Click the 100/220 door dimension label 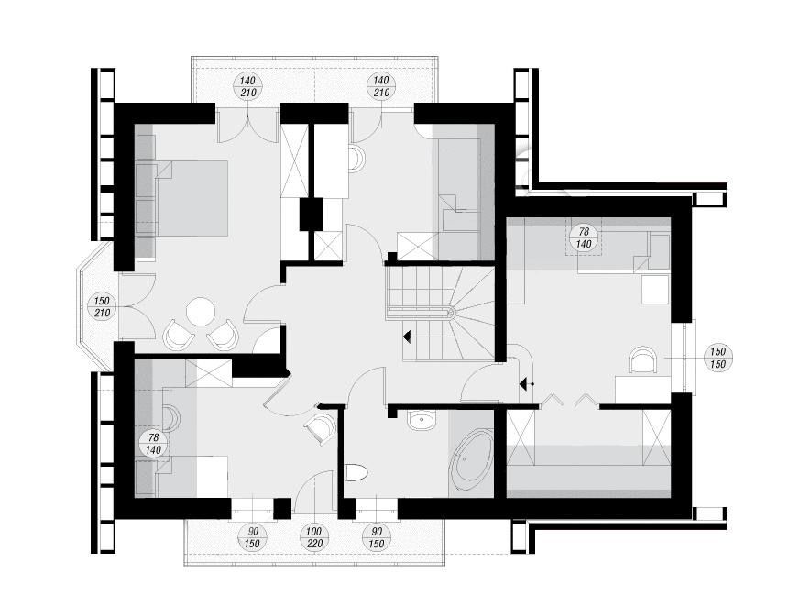click(314, 538)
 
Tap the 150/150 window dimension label click(718, 358)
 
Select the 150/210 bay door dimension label click(102, 306)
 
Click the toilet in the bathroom click(356, 472)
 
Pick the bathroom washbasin click(422, 419)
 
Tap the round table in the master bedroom click(201, 312)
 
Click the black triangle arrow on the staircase click(407, 337)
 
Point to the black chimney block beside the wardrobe click(312, 215)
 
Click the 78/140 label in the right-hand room click(584, 238)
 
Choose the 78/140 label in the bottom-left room click(153, 444)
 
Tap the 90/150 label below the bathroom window click(376, 538)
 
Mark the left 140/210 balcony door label click(248, 86)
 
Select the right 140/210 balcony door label click(381, 86)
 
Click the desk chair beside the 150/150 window click(643, 360)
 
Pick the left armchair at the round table click(179, 335)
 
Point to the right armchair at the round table click(224, 335)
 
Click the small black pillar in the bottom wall click(282, 509)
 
